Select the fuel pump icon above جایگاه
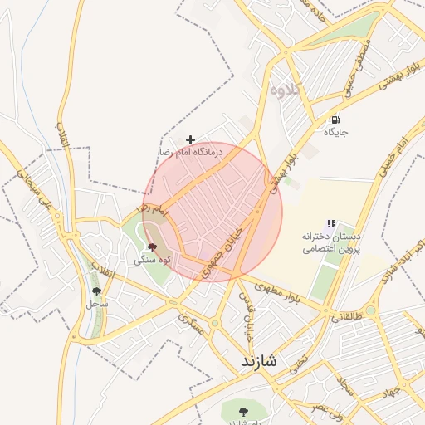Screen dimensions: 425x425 coord(335,120)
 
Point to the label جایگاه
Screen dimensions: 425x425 coord(335,132)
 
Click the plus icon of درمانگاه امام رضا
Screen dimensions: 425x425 coord(190,139)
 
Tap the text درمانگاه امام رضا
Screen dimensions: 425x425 coord(191,153)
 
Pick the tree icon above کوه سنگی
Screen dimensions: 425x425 coord(151,247)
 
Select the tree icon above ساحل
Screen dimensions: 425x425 coord(97,291)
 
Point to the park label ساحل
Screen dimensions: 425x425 coord(97,303)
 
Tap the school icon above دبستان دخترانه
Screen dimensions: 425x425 coord(331,223)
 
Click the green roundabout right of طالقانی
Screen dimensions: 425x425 coord(371,310)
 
